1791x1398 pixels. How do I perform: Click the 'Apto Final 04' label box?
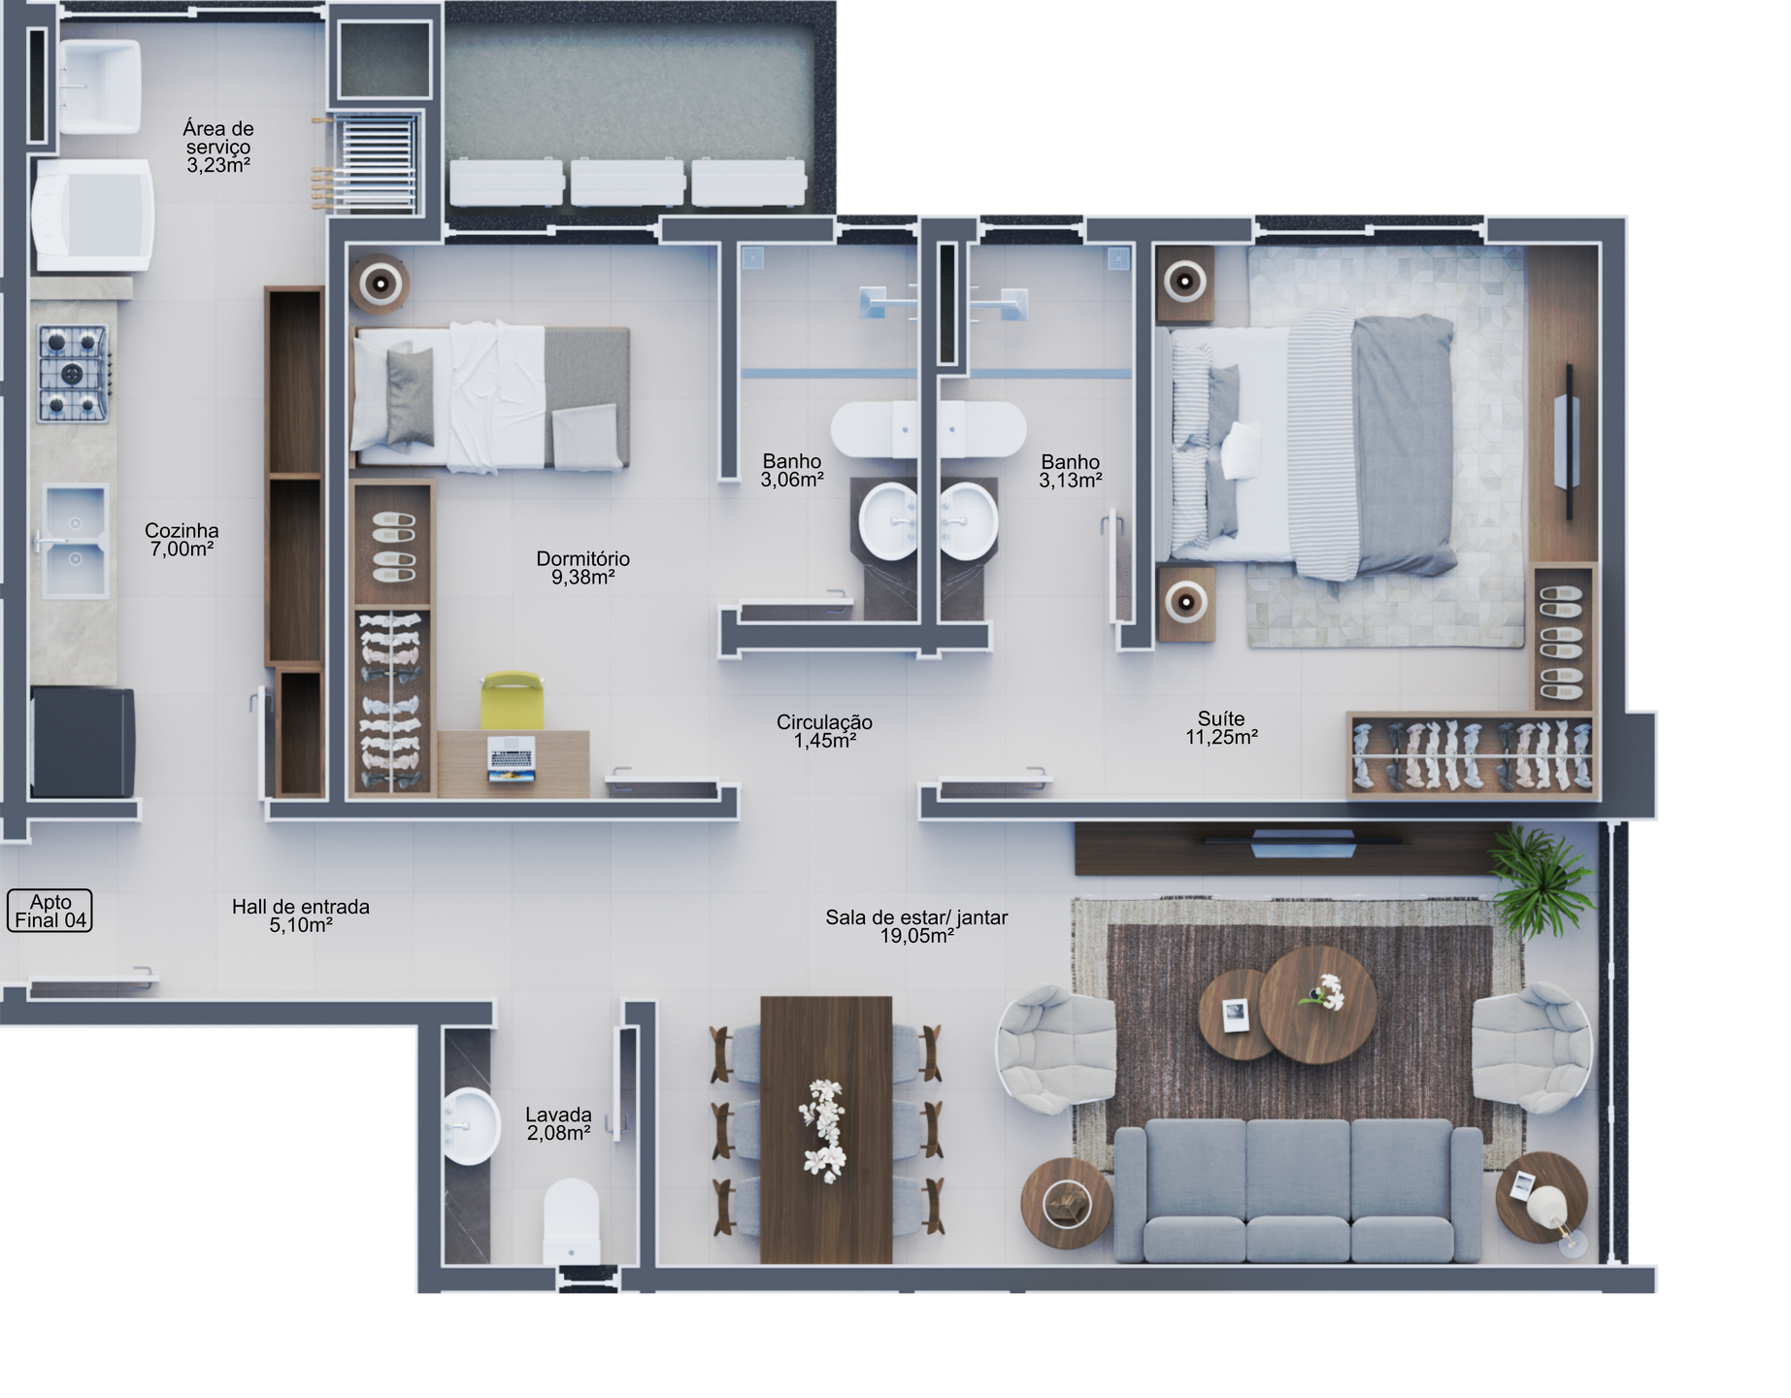[x=50, y=911]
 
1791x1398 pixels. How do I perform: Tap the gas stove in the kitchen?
[x=74, y=374]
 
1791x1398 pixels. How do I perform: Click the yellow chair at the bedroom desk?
[x=512, y=700]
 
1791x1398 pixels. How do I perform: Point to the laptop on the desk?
[x=512, y=758]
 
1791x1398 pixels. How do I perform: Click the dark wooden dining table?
[x=825, y=1130]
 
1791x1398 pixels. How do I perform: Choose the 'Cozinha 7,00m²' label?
[x=182, y=540]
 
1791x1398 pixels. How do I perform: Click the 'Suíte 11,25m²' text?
[x=1221, y=728]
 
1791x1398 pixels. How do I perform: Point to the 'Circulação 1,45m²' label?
[x=824, y=731]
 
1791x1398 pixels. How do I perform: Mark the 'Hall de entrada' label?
[x=301, y=907]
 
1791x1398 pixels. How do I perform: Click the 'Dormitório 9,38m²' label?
[x=583, y=568]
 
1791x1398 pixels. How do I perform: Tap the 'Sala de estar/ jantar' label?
[x=916, y=917]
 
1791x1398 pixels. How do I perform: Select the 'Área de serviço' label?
[x=218, y=137]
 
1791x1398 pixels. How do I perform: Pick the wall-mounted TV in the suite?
[x=1567, y=442]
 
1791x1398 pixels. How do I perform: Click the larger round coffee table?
[x=1317, y=1004]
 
